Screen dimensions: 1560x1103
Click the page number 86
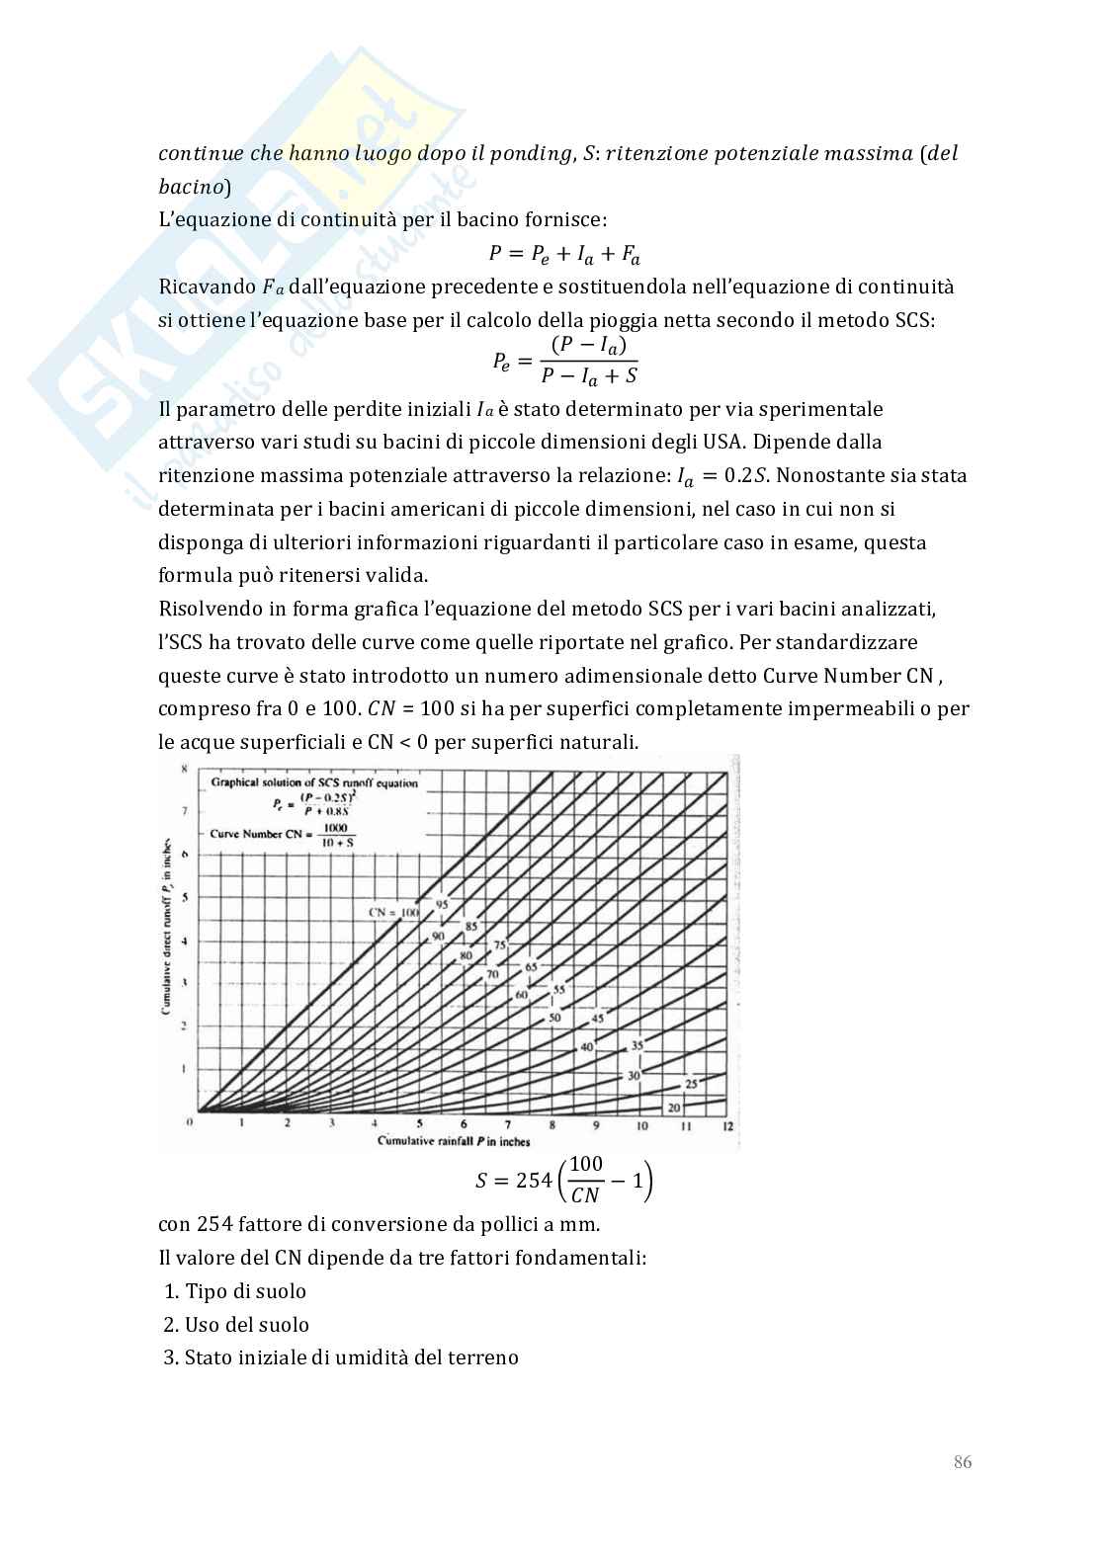pos(962,1461)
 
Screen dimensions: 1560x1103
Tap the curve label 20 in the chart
pos(674,1108)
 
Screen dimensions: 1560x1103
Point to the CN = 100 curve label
pos(393,912)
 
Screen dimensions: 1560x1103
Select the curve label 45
pos(597,1019)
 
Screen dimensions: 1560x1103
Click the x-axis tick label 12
pos(728,1125)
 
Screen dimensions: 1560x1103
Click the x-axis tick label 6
pos(464,1125)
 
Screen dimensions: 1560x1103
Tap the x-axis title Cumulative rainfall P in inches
pos(454,1141)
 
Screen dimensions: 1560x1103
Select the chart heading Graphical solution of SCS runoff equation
pos(314,782)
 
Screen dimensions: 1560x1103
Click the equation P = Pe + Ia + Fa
pos(564,254)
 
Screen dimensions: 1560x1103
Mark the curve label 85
pos(470,927)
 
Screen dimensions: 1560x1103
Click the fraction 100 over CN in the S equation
pos(585,1180)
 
